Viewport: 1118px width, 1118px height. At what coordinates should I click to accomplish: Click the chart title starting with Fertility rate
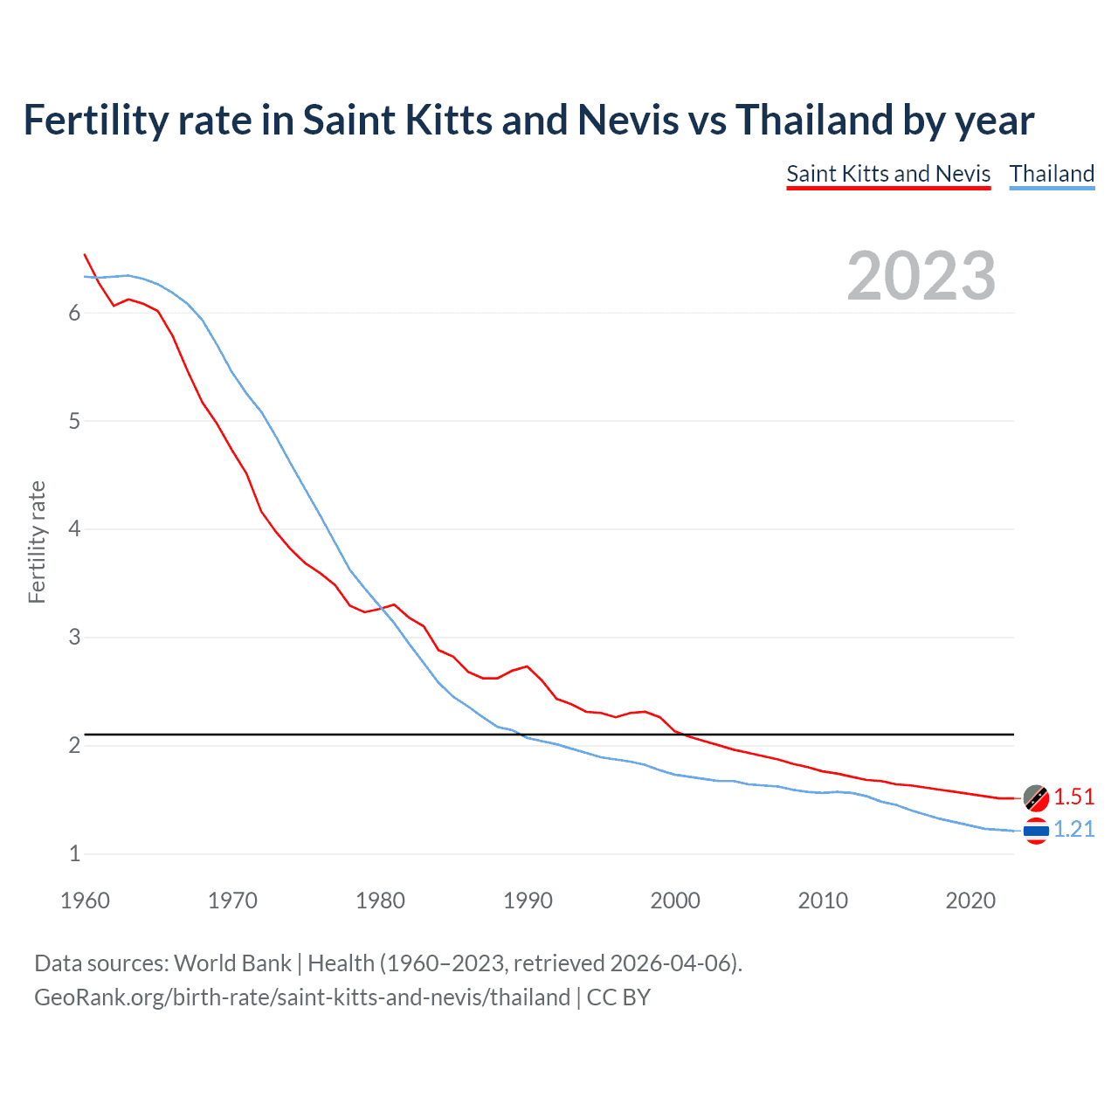point(528,120)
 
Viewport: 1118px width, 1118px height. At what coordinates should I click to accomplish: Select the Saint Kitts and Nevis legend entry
point(888,174)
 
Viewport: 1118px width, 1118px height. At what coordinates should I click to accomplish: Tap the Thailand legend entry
point(1052,174)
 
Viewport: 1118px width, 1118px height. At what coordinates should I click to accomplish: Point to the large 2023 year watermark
point(921,276)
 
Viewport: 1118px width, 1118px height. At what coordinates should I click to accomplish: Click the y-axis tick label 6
point(74,314)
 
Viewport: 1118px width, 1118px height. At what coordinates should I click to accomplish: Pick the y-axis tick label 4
point(74,529)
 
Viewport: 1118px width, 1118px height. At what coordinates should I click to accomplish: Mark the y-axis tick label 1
point(74,854)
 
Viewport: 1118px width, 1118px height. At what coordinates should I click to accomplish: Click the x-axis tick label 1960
point(85,901)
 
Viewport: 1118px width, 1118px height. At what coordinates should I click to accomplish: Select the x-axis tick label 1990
point(528,901)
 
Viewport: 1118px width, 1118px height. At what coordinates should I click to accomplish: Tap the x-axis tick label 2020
point(970,901)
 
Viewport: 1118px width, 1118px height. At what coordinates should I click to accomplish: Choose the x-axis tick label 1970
point(232,901)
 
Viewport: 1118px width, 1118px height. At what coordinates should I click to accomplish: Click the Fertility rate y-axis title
point(37,542)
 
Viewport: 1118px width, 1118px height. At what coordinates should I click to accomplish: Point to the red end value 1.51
point(1073,797)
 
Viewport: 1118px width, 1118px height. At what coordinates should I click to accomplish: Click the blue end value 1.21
point(1073,829)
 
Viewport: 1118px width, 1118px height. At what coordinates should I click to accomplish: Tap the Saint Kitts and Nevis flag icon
point(1036,797)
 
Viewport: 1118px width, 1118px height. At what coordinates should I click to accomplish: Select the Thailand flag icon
point(1036,831)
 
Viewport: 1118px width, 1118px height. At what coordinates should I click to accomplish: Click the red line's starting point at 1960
point(85,254)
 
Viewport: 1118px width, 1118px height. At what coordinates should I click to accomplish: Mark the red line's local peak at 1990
point(527,666)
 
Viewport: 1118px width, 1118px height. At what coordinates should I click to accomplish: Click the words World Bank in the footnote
point(232,963)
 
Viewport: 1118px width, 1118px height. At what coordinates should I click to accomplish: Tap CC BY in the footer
point(618,997)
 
